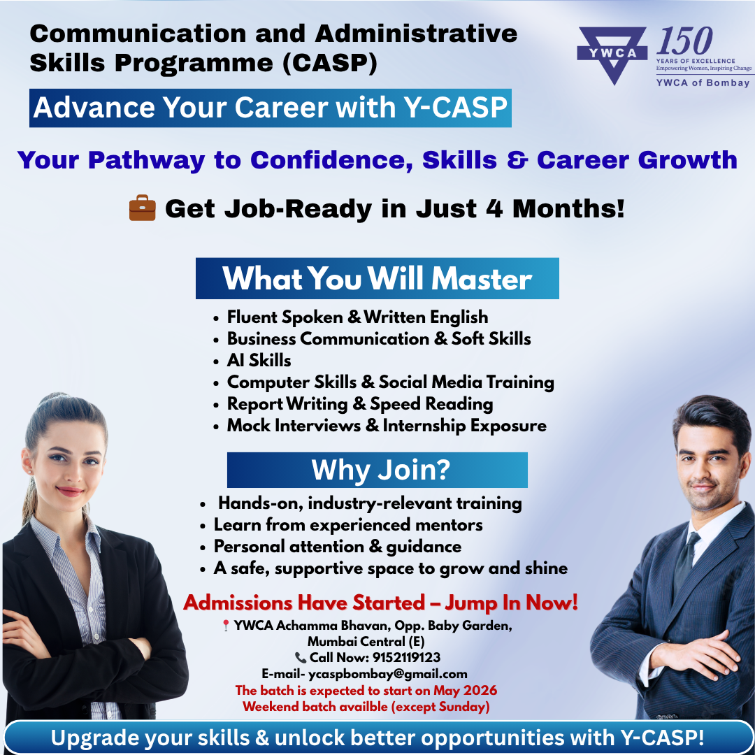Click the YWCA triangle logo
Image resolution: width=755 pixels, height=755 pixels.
[612, 55]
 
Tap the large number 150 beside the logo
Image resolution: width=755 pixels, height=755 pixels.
[684, 41]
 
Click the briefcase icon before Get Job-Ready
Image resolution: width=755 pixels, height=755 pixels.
[143, 208]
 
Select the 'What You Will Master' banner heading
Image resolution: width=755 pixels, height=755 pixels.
[377, 278]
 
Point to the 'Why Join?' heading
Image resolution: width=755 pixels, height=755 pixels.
[377, 470]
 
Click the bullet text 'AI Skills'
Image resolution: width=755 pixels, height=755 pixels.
[259, 361]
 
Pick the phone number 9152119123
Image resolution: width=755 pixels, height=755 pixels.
[406, 657]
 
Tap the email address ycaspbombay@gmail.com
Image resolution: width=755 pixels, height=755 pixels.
[387, 674]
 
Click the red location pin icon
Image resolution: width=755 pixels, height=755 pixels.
[225, 626]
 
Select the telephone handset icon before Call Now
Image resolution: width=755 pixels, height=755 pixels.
[301, 658]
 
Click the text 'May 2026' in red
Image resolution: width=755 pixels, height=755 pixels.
[465, 691]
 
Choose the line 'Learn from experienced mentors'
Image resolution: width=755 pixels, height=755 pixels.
[348, 525]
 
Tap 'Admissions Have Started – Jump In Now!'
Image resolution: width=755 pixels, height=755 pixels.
[380, 603]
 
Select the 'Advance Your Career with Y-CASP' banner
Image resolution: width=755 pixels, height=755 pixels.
[270, 108]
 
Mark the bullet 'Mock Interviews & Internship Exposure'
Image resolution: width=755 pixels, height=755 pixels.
[387, 426]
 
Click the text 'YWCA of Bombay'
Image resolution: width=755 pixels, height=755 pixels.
[703, 82]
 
